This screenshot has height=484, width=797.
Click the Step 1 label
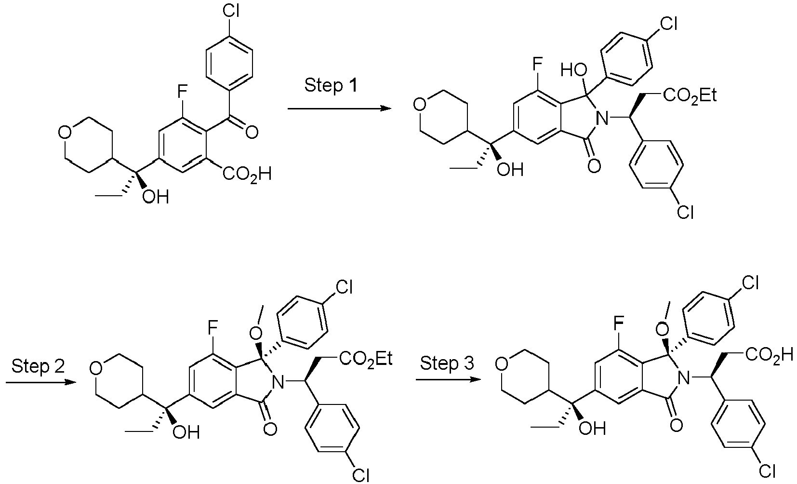331,86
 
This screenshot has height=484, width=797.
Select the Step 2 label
39,366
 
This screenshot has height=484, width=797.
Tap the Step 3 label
447,363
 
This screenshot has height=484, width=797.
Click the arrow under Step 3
448,379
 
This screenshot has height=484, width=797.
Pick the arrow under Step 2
40,382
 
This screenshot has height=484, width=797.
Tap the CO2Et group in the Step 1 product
690,95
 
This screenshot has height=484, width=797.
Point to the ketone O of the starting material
252,133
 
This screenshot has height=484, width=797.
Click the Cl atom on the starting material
231,11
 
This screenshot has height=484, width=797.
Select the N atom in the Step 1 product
602,118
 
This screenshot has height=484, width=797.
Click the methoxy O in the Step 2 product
255,333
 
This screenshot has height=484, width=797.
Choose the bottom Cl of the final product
767,472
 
